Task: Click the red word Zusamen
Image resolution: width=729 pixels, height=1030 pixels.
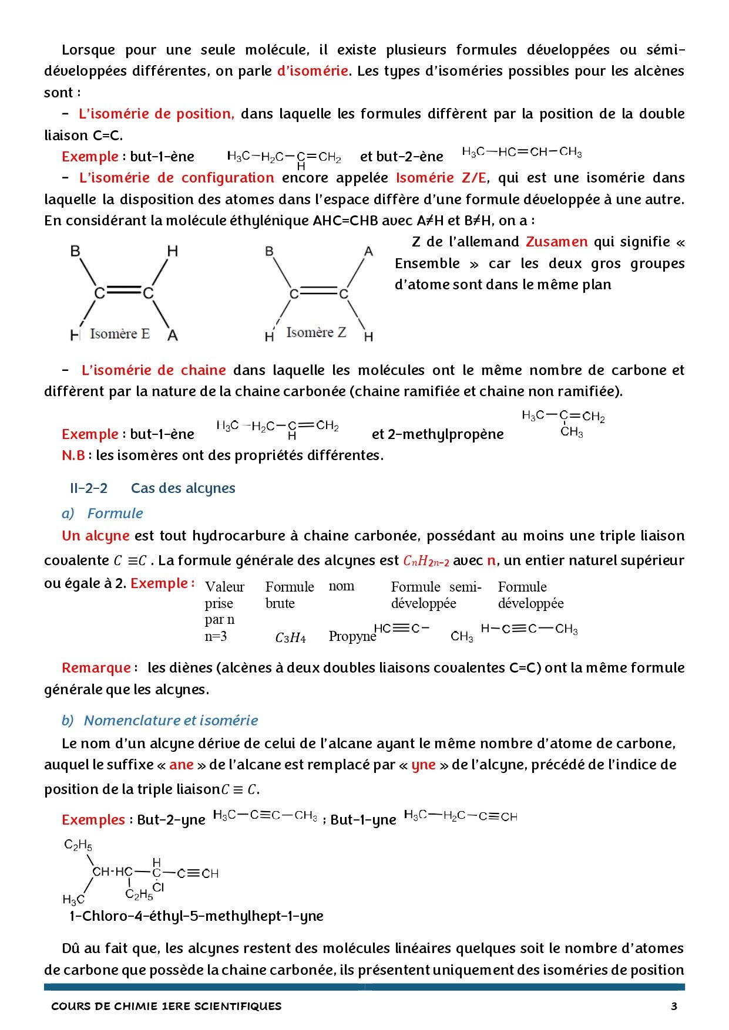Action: click(556, 242)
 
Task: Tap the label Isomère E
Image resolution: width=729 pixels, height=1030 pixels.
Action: click(120, 334)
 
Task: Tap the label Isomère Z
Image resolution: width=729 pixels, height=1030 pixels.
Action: click(316, 333)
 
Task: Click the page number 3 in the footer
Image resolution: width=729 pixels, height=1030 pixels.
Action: click(674, 1006)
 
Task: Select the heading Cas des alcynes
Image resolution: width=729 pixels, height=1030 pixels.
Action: click(183, 488)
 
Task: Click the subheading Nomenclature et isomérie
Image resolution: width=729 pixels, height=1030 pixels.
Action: click(171, 720)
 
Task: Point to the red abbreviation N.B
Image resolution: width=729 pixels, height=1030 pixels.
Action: click(73, 455)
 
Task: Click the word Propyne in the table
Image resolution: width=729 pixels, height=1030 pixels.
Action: click(352, 636)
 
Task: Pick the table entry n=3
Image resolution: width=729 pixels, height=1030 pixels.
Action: click(216, 636)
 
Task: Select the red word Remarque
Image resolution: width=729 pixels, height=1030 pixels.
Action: click(96, 668)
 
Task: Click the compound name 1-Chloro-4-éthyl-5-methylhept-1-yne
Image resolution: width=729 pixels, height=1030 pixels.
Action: click(196, 916)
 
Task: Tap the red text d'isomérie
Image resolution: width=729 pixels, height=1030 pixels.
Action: click(313, 71)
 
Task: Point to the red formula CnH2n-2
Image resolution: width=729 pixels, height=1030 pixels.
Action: click(426, 561)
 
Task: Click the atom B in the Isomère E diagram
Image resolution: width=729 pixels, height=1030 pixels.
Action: click(76, 251)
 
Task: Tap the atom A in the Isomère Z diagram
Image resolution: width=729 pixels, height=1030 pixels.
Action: click(368, 252)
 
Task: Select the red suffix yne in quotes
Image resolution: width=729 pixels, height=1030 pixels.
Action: click(423, 765)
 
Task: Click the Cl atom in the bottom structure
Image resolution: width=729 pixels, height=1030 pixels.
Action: click(159, 888)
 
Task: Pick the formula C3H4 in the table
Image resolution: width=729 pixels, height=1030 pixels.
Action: click(290, 638)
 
